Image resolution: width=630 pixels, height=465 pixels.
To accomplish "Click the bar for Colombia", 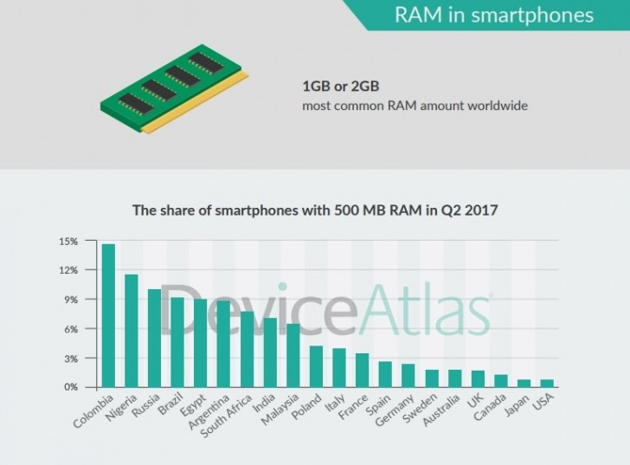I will [108, 316].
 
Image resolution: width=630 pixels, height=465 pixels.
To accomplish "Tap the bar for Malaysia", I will [292, 355].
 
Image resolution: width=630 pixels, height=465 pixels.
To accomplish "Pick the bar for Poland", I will [316, 366].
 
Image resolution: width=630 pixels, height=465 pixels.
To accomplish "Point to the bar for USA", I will [546, 384].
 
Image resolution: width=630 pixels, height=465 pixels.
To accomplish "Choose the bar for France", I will [362, 370].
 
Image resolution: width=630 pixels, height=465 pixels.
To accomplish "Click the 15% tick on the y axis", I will [68, 241].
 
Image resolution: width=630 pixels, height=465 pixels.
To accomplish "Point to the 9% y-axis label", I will [71, 300].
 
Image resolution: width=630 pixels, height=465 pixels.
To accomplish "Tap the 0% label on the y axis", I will [71, 387].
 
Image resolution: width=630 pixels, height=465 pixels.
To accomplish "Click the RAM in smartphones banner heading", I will [493, 16].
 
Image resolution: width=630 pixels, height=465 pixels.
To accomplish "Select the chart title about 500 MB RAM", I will [314, 210].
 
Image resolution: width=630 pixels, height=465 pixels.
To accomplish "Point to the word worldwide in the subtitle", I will [496, 107].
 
